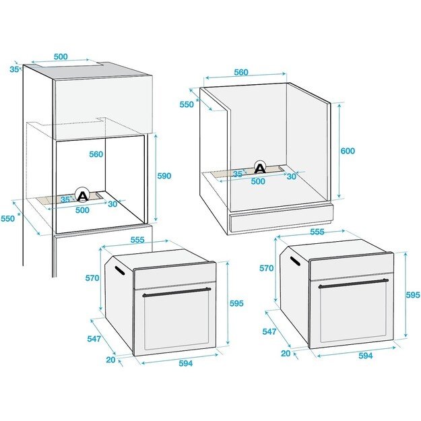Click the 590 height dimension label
point(164,176)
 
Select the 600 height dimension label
point(347,151)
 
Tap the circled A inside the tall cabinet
point(82,195)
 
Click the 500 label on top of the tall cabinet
point(61,57)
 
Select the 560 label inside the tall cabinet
point(96,154)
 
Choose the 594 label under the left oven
point(185,364)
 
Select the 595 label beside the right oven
point(412,295)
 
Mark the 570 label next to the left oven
point(92,278)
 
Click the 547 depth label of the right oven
point(269,331)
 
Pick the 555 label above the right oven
point(317,232)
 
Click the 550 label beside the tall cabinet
point(7,219)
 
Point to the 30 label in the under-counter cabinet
point(291,176)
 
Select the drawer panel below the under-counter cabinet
point(281,220)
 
